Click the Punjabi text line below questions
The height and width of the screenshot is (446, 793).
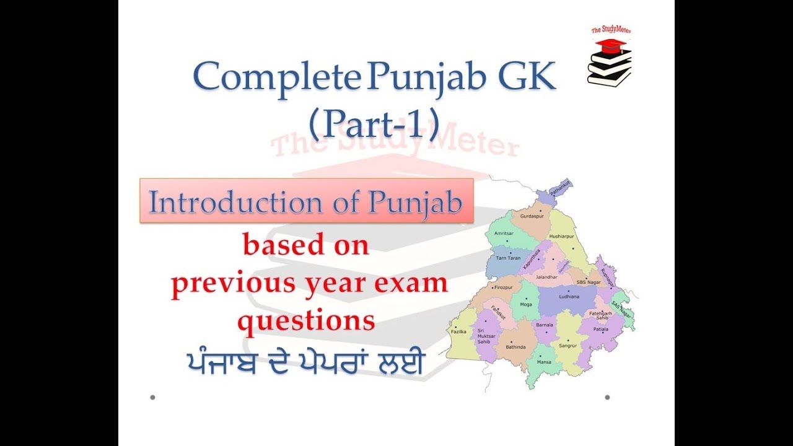click(305, 364)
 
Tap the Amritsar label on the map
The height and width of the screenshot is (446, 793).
click(504, 233)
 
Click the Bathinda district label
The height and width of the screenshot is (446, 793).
click(516, 347)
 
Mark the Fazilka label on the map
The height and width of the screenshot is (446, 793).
click(459, 332)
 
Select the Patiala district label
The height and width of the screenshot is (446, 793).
click(601, 329)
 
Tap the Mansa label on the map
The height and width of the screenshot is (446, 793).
click(545, 361)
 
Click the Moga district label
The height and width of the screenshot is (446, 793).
click(526, 305)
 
